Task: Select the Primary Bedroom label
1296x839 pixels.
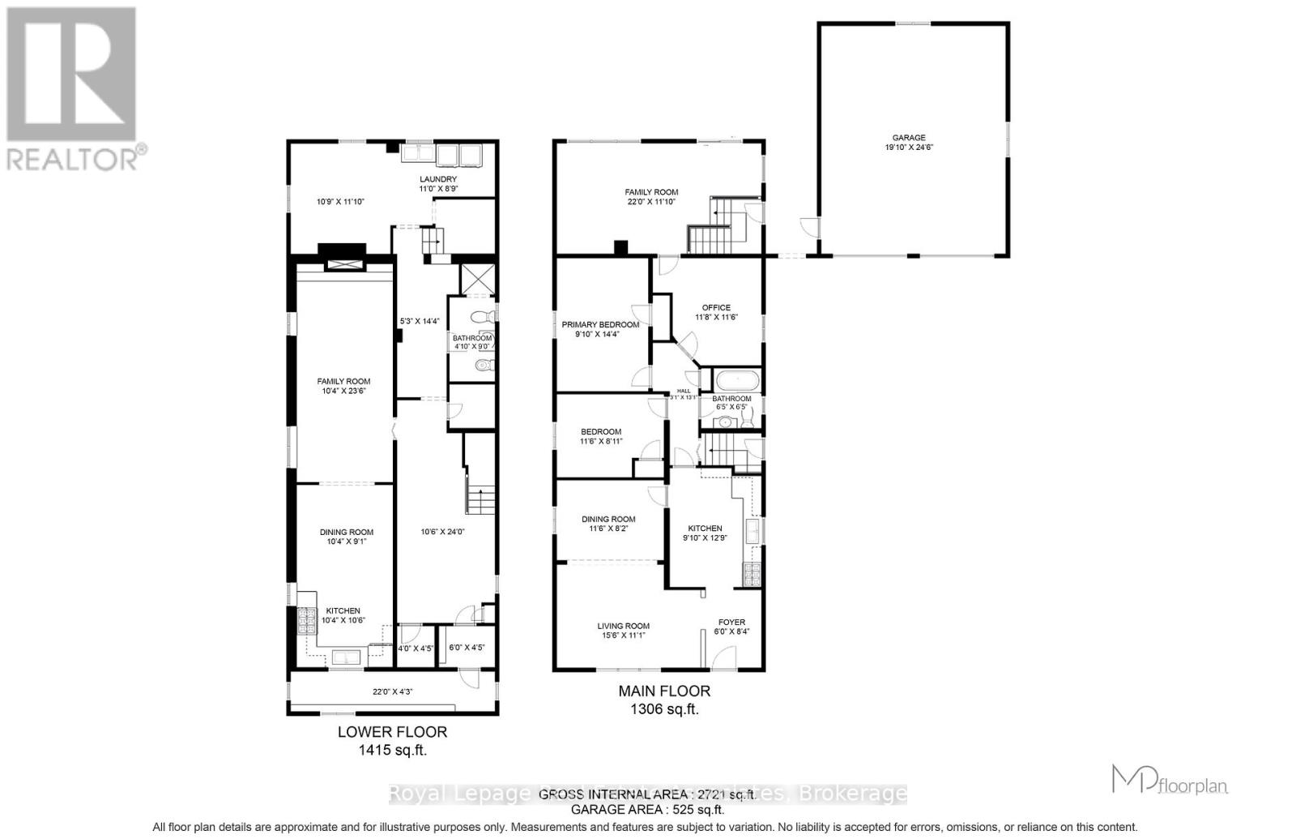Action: tap(600, 329)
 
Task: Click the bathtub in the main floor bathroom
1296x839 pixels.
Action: tap(735, 379)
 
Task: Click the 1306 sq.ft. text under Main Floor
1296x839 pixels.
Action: tap(664, 709)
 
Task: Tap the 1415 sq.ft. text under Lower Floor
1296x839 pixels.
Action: tap(392, 751)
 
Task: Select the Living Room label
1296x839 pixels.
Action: tap(624, 631)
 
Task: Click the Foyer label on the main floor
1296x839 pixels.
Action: tap(731, 627)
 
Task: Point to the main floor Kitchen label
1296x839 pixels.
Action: tap(705, 533)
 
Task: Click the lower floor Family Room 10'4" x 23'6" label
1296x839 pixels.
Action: tap(343, 386)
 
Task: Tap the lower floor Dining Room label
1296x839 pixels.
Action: tap(346, 537)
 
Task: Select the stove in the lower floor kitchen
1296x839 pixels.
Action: tap(307, 621)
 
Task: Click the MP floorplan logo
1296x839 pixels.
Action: tap(1170, 781)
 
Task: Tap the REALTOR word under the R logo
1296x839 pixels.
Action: tap(73, 157)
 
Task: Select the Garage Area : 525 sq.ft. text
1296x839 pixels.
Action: tap(648, 809)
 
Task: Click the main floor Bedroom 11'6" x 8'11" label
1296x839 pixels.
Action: tap(600, 436)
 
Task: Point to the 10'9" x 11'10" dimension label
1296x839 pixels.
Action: tap(339, 202)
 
